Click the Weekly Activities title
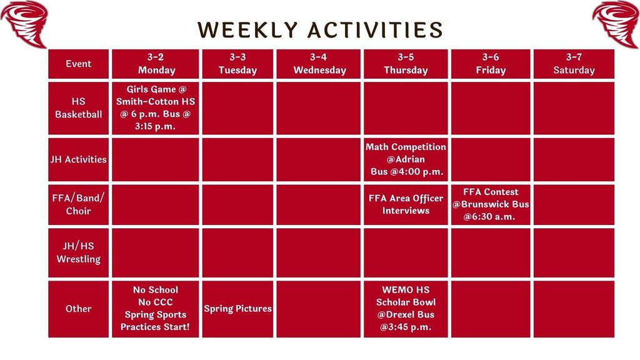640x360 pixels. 320,30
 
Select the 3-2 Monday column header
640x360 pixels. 156,64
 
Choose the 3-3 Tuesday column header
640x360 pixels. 237,64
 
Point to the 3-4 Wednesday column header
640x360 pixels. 319,64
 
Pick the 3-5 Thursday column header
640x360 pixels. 406,64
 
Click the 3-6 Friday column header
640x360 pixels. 491,64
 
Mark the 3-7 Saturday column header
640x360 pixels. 574,64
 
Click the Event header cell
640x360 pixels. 79,64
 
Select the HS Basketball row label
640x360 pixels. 79,107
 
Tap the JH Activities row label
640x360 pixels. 79,159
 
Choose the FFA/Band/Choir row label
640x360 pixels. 79,204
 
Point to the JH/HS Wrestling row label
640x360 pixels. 79,252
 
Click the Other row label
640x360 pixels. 79,309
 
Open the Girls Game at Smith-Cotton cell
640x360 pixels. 156,107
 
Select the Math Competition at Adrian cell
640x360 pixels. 406,159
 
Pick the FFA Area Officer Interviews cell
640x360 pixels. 406,204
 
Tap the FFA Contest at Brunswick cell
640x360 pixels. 491,204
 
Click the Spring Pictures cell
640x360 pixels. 237,309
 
